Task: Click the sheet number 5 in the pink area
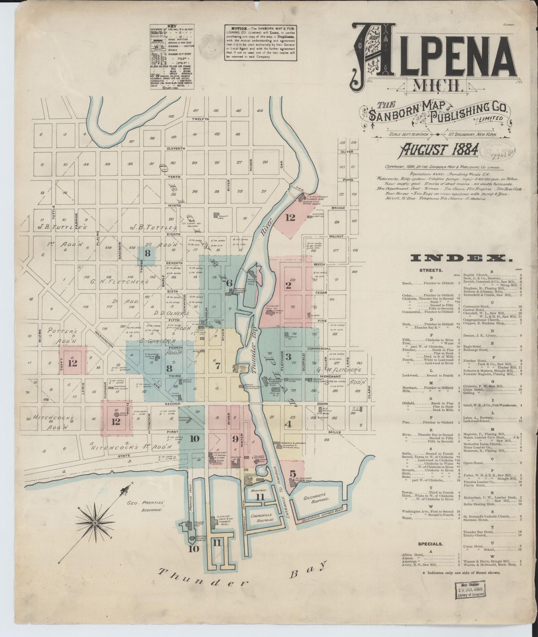point(293,473)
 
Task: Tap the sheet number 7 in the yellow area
point(217,365)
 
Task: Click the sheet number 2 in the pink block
point(288,286)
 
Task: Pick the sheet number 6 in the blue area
point(230,283)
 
